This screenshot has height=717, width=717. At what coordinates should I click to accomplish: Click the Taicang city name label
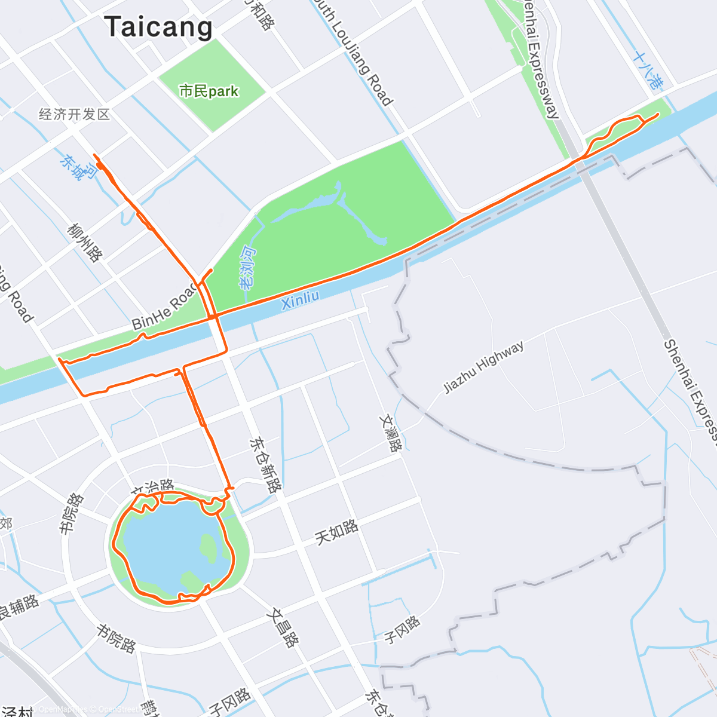158,27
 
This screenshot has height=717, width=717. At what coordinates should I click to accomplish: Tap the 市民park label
209,91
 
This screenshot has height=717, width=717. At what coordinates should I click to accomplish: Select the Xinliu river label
300,299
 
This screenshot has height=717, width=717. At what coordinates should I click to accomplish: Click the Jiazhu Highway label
483,367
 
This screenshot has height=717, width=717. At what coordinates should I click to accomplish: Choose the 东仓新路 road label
265,465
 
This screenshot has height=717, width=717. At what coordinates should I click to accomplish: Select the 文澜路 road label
389,433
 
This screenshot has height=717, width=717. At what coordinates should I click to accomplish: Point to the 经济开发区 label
74,114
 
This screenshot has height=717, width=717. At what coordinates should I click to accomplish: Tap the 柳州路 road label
85,243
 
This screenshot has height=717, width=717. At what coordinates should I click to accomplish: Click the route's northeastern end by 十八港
658,114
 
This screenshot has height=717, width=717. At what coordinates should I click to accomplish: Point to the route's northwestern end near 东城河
95,155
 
